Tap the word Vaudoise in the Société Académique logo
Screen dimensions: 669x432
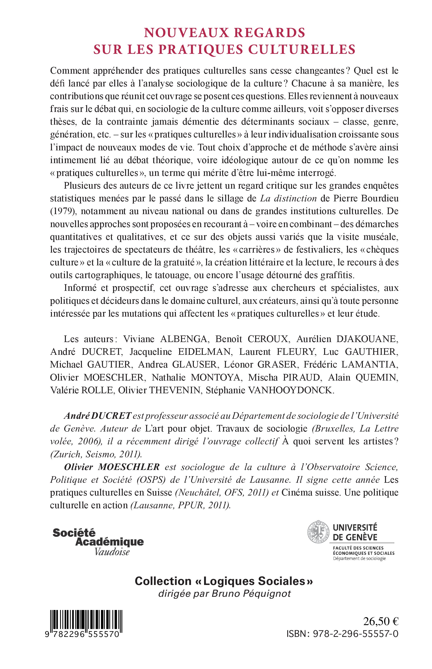(112, 552)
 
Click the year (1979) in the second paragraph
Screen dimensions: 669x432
(63, 211)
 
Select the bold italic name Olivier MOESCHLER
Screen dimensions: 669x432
(112, 467)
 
